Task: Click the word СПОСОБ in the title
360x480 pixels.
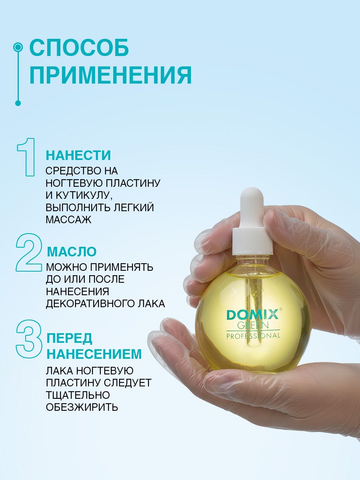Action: tap(79, 48)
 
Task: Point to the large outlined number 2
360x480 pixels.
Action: tap(28, 252)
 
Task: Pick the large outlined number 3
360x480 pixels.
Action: tap(29, 338)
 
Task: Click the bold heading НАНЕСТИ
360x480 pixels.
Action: tap(78, 155)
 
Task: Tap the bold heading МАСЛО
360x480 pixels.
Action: tap(72, 252)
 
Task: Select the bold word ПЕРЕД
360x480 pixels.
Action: tap(70, 338)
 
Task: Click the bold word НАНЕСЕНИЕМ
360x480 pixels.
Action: tap(94, 354)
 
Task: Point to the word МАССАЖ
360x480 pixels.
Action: tap(68, 220)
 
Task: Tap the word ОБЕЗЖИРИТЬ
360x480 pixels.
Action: tap(82, 407)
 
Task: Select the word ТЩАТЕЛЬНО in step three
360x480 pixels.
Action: tap(78, 395)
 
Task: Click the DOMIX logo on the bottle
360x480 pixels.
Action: tap(253, 315)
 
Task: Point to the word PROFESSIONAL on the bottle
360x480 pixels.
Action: tap(253, 336)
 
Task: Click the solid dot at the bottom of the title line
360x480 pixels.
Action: tap(18, 103)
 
